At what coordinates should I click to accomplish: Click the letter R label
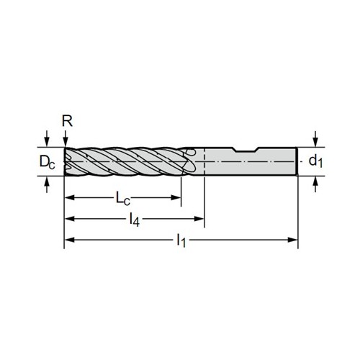pos(67,122)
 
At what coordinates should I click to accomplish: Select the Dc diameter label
pos(48,161)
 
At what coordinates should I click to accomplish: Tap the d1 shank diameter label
pos(315,161)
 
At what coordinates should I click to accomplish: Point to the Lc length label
pos(123,199)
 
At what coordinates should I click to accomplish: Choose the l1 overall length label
pos(181,240)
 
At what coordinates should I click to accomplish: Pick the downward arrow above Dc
pos(48,138)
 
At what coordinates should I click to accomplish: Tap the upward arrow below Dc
pos(48,184)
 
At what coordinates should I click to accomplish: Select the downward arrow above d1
pos(316,138)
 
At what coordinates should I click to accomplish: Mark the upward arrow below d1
pos(316,184)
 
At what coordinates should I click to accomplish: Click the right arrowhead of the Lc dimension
pos(176,198)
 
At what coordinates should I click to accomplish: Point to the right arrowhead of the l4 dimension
pos(199,219)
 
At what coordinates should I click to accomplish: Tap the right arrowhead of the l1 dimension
pos(292,240)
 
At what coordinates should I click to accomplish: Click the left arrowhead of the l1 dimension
pos(70,240)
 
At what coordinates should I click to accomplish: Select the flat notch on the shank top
pos(247,150)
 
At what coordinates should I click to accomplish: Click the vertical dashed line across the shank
pos(204,162)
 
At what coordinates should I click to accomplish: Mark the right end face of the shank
pos(297,161)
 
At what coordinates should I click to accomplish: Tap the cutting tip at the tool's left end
pos(65,161)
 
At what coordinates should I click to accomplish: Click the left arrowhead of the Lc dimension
pos(70,198)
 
